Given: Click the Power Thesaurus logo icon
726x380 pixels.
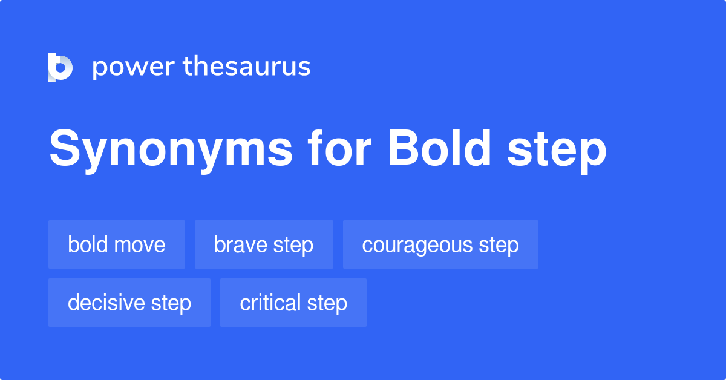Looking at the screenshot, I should [x=60, y=67].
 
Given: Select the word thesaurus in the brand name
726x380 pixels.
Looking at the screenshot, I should [x=247, y=67].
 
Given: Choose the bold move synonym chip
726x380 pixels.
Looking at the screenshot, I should [x=117, y=244].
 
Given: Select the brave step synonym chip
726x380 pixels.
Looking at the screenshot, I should [x=264, y=244].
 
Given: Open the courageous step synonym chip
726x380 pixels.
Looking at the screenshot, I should [x=440, y=244].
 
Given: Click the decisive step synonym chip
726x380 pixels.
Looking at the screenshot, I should [x=129, y=303].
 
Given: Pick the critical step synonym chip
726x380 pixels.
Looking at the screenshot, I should [x=293, y=303].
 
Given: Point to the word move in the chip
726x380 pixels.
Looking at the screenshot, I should [x=141, y=245].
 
